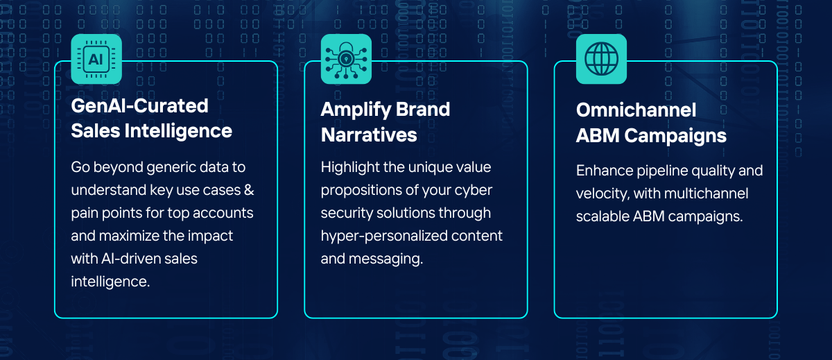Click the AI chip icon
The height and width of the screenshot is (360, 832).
pos(96,59)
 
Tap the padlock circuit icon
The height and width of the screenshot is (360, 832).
pos(346,59)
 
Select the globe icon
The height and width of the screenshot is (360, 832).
pos(601,59)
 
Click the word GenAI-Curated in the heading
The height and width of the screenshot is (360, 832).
pos(139,106)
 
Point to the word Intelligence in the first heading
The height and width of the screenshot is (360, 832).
pos(178,132)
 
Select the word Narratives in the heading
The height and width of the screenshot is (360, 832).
pos(369,135)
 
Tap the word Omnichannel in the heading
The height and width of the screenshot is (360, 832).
pos(636,110)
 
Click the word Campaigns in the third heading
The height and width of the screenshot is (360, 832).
pos(675,136)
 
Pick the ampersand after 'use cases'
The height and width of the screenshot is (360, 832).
pos(249,190)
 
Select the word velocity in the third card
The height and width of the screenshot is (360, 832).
pos(603,194)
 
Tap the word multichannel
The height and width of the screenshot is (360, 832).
pos(706,194)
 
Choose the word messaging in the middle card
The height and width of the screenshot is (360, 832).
pos(385,259)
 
